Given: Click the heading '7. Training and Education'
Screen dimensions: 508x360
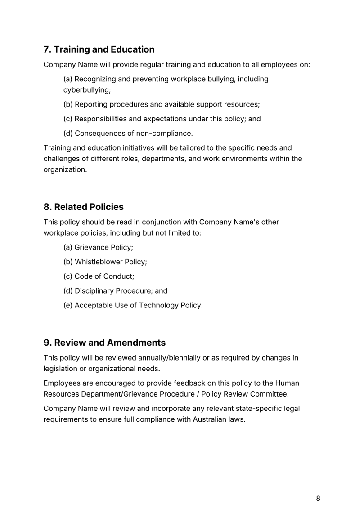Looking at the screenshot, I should [x=99, y=49].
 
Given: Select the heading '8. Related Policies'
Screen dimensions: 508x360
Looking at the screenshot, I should [x=83, y=207].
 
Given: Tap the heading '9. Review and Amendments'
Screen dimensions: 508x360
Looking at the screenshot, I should [x=104, y=343].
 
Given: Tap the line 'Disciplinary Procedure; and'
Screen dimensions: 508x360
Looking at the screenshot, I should [x=115, y=291].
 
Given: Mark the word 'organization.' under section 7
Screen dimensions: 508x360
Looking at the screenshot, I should [x=65, y=170].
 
